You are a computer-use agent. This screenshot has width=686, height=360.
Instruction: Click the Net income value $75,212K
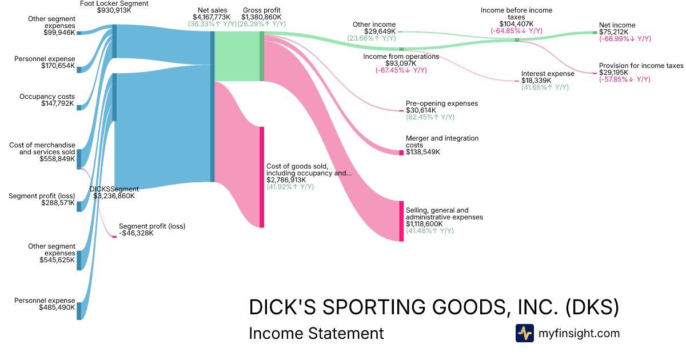(614, 32)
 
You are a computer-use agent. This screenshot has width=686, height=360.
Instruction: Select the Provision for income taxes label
(641, 66)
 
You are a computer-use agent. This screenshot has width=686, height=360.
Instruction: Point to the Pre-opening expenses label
(441, 103)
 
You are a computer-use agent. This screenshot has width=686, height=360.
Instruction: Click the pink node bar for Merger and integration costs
(401, 153)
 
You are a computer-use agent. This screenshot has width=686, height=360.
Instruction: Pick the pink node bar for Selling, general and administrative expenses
(401, 221)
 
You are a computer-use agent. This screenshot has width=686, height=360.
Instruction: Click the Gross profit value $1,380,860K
(261, 18)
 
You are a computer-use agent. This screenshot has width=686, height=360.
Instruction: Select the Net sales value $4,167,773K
(212, 18)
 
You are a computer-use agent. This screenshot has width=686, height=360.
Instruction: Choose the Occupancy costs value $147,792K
(58, 103)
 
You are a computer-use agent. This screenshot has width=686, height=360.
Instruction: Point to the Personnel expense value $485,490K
(57, 307)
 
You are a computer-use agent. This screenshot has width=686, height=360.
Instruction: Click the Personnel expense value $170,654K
(58, 66)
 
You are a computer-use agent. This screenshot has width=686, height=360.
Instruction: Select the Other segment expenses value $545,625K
(56, 260)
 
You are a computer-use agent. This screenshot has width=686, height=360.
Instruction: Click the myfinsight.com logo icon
(524, 333)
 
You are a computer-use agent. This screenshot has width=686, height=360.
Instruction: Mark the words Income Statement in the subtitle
(316, 333)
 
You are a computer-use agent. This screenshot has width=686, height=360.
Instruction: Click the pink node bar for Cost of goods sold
(262, 177)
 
